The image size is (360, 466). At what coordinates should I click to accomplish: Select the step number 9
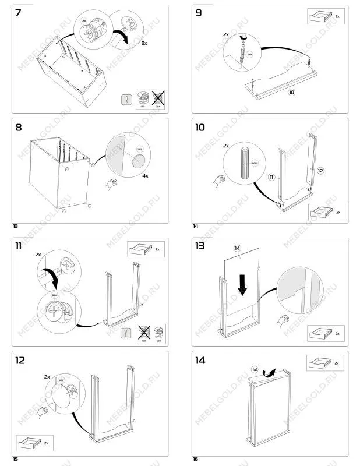click(x=199, y=13)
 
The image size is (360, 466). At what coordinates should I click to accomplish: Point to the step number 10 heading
click(x=202, y=127)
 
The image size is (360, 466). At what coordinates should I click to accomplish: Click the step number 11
click(x=19, y=246)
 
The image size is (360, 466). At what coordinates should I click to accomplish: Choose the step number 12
click(x=21, y=360)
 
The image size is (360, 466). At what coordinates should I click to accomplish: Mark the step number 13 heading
click(x=201, y=246)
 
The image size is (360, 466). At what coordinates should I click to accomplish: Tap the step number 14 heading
click(x=202, y=360)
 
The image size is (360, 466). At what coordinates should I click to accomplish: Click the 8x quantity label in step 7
click(x=145, y=44)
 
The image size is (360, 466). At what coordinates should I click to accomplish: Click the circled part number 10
click(x=292, y=91)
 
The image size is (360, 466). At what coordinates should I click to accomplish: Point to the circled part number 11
click(x=271, y=176)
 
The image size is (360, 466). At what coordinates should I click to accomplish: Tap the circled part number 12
click(x=320, y=171)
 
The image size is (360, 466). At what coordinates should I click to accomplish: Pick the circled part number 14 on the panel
click(x=237, y=248)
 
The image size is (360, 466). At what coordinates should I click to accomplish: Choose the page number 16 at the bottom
click(x=196, y=459)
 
